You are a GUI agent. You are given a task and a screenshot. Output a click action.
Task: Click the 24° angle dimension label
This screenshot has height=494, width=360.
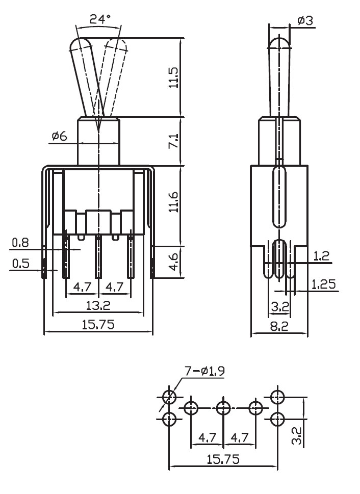[100, 19]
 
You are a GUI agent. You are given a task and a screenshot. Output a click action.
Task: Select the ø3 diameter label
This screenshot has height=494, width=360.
[305, 21]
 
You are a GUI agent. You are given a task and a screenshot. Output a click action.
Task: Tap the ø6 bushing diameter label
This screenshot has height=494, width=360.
[60, 137]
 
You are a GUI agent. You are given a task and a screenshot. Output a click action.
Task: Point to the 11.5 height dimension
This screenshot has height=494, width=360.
[174, 77]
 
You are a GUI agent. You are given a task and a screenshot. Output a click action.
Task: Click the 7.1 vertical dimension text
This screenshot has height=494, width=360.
[174, 141]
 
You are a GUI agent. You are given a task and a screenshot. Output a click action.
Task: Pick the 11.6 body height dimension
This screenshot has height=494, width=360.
[174, 202]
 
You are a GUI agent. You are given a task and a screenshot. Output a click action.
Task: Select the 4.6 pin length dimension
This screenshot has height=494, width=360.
[174, 262]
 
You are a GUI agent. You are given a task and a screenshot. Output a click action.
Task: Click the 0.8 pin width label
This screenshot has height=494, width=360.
[20, 243]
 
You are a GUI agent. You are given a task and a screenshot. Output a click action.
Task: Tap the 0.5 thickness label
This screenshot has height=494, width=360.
[21, 264]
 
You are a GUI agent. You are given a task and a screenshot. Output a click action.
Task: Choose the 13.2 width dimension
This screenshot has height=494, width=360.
[98, 305]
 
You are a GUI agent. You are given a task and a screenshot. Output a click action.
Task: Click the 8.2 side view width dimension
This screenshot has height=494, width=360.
[279, 326]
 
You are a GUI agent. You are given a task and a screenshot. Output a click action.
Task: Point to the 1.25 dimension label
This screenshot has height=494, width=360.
[324, 284]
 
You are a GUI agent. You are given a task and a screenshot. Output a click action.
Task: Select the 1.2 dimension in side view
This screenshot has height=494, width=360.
[321, 256]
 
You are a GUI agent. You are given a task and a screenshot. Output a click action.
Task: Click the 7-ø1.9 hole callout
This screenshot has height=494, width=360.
[205, 371]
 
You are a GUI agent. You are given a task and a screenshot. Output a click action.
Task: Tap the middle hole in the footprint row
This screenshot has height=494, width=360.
[223, 408]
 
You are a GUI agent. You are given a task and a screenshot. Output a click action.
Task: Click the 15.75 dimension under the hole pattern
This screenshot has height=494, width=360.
[223, 459]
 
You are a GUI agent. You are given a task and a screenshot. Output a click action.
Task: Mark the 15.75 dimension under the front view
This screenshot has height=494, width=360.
[98, 325]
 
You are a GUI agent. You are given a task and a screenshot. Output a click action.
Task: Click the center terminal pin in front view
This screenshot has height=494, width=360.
[98, 257]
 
